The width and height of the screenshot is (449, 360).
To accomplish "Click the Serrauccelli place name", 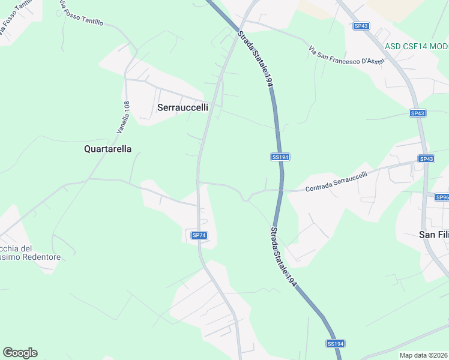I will click(182, 107).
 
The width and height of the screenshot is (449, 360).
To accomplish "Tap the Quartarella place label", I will click(107, 149).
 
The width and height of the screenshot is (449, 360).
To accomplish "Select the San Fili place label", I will click(433, 235).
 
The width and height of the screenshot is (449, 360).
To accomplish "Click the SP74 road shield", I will click(199, 235).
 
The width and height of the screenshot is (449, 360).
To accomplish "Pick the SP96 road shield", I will click(442, 197).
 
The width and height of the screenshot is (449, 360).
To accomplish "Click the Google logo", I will click(20, 353).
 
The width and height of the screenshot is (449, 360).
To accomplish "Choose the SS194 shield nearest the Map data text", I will click(336, 344).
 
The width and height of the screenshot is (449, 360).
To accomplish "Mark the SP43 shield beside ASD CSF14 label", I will click(361, 26).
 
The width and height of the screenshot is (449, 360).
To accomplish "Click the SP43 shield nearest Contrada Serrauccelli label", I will click(426, 159).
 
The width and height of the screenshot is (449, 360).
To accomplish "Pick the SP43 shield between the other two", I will click(418, 113).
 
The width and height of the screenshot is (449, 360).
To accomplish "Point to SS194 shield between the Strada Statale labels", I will click(280, 157).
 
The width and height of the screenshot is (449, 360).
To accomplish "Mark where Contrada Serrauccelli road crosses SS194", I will click(281, 190).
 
